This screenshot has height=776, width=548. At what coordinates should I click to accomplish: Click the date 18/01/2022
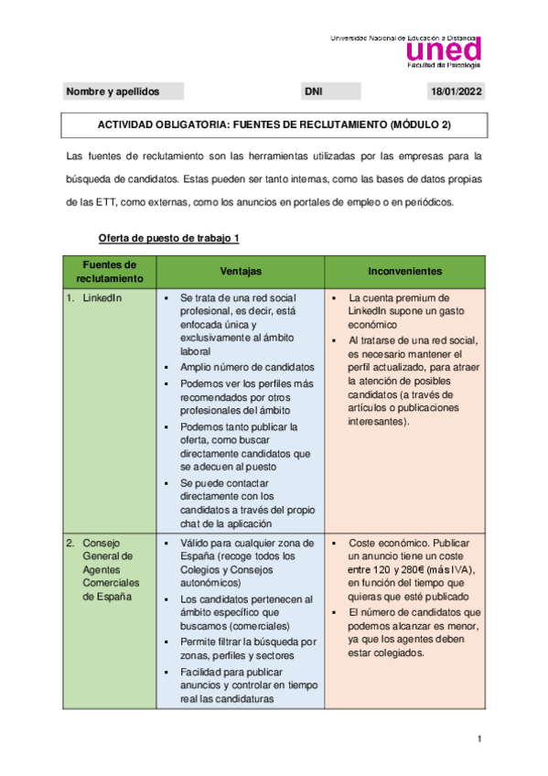click(457, 92)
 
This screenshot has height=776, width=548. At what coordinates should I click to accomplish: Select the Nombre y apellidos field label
click(113, 92)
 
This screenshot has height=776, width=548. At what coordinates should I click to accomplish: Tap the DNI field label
click(313, 92)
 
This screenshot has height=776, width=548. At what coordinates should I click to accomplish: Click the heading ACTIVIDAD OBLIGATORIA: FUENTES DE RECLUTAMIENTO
click(274, 124)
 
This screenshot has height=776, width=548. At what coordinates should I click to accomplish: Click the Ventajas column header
click(241, 272)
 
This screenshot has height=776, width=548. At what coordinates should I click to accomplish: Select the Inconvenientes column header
click(405, 272)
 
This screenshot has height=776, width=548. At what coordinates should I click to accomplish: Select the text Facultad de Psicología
click(443, 65)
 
